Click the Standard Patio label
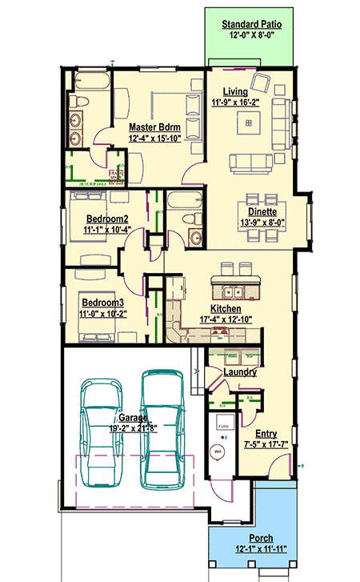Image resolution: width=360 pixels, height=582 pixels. pos(250,25)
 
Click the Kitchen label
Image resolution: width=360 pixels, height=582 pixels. pos(226,308)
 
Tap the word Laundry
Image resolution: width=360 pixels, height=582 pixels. pos(240,372)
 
